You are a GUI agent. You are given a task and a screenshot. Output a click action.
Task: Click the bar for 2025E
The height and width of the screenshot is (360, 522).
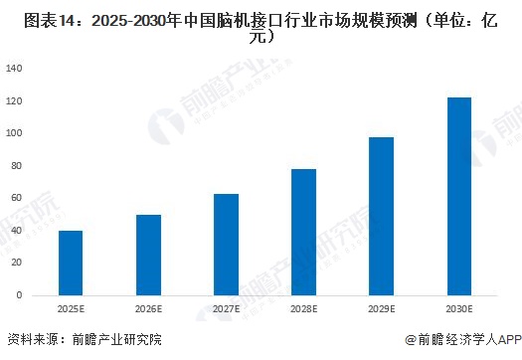(71, 263)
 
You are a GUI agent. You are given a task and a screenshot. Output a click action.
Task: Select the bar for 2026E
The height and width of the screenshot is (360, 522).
(148, 255)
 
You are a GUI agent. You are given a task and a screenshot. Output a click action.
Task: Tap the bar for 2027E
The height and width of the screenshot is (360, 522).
(226, 244)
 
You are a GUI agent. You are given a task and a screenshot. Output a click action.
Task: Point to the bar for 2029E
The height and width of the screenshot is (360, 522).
(381, 216)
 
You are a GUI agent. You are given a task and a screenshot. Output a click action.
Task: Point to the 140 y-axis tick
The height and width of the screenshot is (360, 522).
(15, 69)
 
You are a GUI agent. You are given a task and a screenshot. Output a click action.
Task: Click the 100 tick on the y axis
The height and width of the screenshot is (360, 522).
(15, 133)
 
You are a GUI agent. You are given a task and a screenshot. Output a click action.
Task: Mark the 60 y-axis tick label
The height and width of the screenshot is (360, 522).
(17, 198)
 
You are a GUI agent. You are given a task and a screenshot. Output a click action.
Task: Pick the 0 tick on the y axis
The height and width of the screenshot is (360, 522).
(20, 295)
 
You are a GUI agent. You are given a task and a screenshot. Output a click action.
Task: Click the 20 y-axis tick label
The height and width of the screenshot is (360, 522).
(17, 263)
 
